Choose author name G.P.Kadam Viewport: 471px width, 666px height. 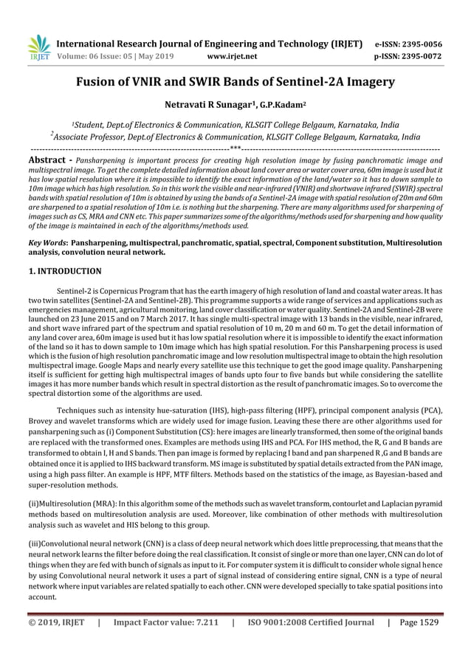(275, 106)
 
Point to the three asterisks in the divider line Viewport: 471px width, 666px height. (235, 148)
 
